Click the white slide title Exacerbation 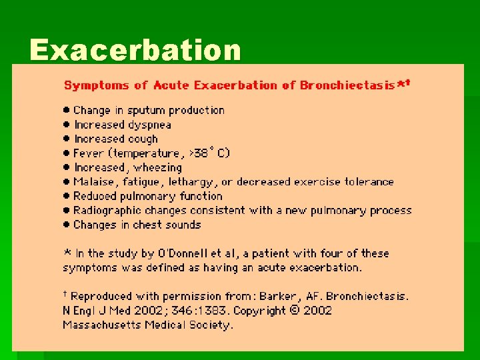pos(135,50)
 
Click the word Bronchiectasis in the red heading pos(347,85)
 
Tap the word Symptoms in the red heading pos(96,85)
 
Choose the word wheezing pos(156,168)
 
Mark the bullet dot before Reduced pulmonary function pos(67,196)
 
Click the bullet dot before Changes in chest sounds pos(67,225)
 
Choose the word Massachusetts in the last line pos(99,325)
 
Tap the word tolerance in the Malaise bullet pos(369,182)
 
